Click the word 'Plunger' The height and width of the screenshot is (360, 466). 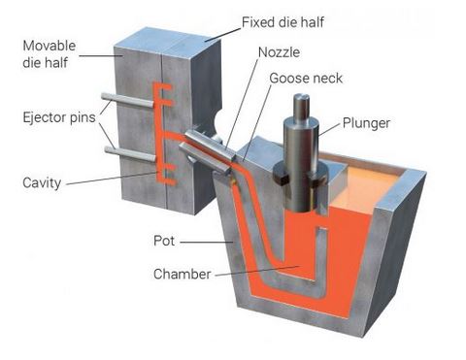pyautogui.click(x=365, y=123)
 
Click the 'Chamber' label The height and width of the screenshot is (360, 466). pyautogui.click(x=182, y=275)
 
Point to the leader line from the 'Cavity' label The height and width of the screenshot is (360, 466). pyautogui.click(x=107, y=179)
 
